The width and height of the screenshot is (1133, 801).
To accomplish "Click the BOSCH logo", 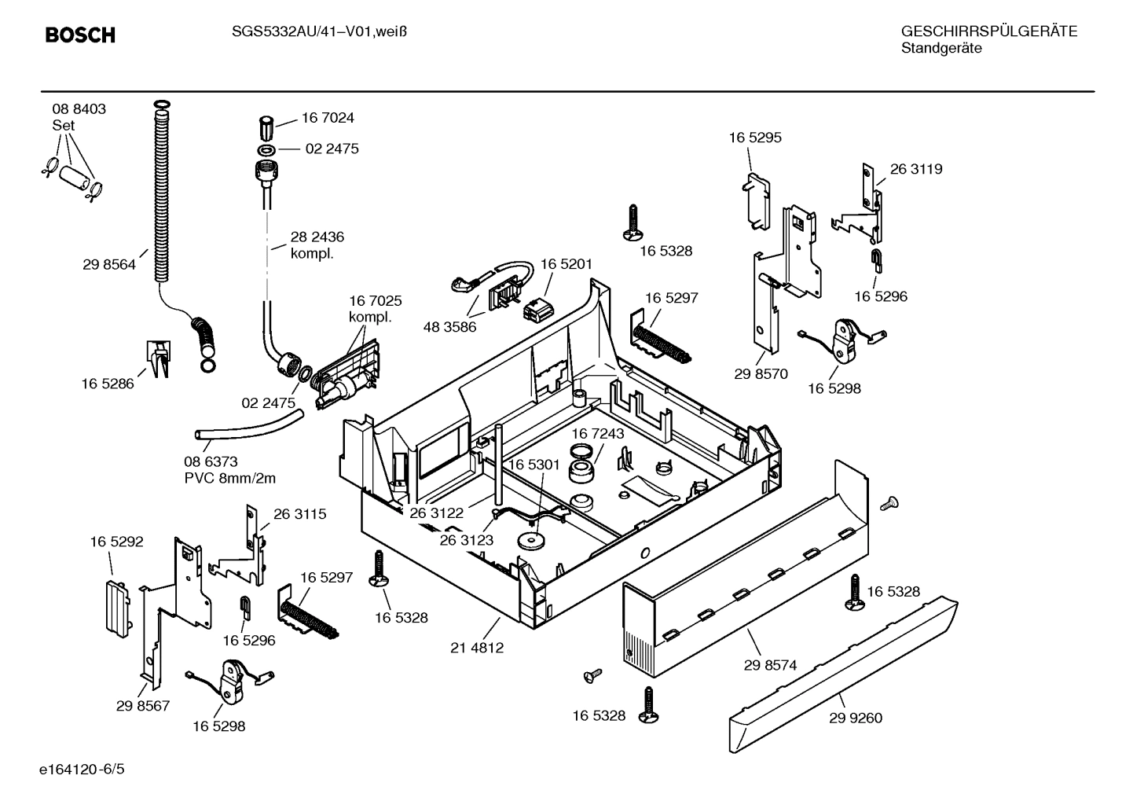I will [x=80, y=35].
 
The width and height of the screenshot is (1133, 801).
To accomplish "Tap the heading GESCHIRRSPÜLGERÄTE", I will [x=988, y=31].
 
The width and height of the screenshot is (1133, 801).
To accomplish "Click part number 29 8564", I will [x=108, y=265].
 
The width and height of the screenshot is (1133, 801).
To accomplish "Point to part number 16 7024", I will [x=328, y=118].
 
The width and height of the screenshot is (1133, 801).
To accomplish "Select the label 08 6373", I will [x=211, y=461].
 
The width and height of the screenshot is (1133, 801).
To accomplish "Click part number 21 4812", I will [x=477, y=648].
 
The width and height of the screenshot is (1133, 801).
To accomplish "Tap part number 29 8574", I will [x=770, y=665].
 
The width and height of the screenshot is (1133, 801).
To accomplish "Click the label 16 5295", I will [x=755, y=138].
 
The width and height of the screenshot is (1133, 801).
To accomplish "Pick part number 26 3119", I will [x=916, y=169].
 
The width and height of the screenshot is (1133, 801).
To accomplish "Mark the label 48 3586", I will [x=449, y=327].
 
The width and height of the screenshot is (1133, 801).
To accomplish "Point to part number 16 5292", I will [x=116, y=542].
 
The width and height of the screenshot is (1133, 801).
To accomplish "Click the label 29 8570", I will [x=761, y=374].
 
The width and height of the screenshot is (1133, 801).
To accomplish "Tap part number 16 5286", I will [x=108, y=384].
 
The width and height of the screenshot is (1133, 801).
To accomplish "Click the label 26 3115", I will [x=299, y=514].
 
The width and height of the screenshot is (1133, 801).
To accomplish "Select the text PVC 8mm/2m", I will [x=229, y=478].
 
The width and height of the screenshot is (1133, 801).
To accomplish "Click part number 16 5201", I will [x=566, y=264].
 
